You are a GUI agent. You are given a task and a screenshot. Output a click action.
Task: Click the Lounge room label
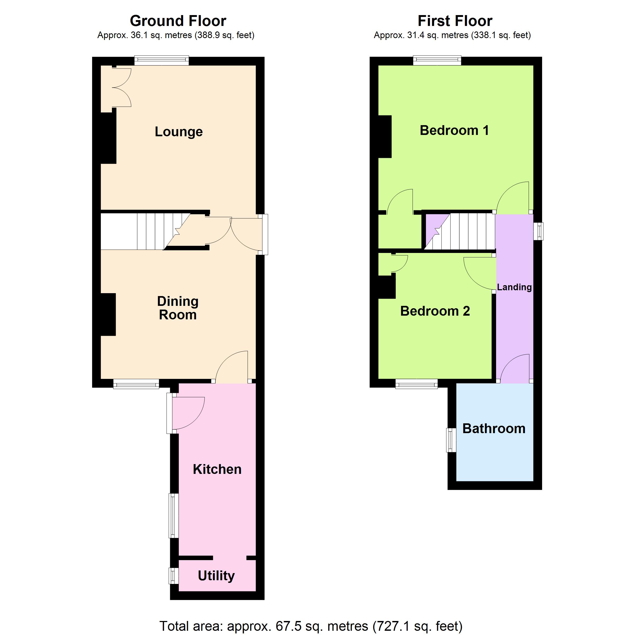click(179, 132)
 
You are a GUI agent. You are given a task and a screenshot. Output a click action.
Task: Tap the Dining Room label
click(178, 308)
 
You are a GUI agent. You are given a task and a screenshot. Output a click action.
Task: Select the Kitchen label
click(217, 469)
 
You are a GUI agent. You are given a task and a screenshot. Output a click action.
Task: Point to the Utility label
click(216, 576)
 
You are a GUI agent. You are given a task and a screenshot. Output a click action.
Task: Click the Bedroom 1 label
click(454, 130)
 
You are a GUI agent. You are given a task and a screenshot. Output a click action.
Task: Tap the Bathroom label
click(494, 429)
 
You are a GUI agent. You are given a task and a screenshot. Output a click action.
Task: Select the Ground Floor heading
click(178, 21)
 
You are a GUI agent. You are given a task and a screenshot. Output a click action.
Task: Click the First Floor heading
click(455, 21)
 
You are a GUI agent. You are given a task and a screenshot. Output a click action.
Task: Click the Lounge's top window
click(161, 61)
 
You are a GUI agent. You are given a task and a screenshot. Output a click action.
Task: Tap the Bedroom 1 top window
click(437, 61)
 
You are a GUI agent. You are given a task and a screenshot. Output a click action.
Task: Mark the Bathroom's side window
click(451, 440)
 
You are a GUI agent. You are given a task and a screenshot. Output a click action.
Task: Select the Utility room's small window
click(174, 576)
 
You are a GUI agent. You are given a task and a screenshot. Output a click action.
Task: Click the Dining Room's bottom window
click(136, 384)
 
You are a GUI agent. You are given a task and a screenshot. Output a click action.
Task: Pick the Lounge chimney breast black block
click(108, 138)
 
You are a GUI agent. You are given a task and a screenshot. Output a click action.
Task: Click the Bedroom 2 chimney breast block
click(387, 287)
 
